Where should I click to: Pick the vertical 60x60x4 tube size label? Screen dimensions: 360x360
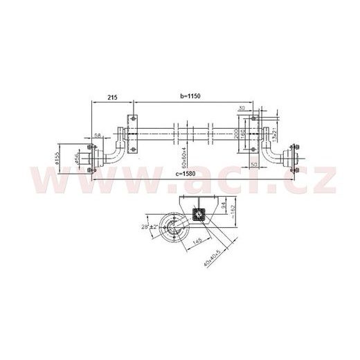tap(183, 156)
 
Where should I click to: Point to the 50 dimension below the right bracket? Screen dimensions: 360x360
tap(255, 163)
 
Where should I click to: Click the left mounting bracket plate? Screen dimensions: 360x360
tap(129, 134)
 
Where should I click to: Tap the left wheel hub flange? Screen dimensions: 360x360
tap(89, 155)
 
